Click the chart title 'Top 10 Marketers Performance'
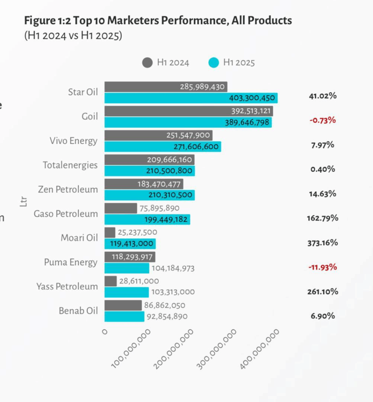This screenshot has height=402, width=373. point(158,21)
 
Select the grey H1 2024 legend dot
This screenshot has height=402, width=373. point(147,62)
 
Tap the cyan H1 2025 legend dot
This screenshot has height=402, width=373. point(213,62)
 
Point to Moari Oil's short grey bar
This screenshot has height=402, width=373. point(110,232)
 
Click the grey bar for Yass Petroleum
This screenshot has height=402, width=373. point(111,281)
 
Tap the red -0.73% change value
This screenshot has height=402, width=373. point(322,120)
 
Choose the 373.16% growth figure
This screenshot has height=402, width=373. point(322,243)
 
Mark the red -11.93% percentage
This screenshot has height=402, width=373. point(322,267)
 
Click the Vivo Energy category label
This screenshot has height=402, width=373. point(73,141)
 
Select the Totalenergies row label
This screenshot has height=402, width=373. point(70,165)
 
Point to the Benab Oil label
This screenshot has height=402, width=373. point(78,311)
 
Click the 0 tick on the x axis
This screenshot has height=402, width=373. point(105,332)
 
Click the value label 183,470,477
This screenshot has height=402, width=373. point(158,184)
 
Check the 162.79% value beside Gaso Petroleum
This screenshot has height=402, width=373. point(322,218)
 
